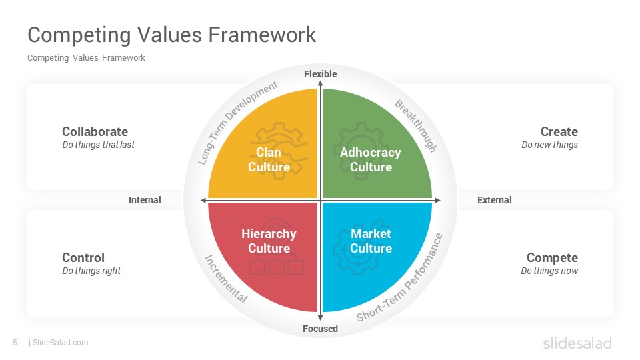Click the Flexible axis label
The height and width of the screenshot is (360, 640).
point(321,74)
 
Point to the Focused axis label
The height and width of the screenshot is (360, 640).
point(321,329)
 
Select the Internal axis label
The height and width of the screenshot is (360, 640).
point(145,200)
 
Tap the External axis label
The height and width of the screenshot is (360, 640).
point(494,200)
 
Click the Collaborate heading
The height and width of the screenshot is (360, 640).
point(95,131)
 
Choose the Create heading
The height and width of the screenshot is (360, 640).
point(559,131)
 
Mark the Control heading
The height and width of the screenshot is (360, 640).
point(83,257)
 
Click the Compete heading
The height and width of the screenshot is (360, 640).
point(552,257)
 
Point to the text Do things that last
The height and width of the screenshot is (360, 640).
point(99,145)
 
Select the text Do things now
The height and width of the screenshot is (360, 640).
point(549,271)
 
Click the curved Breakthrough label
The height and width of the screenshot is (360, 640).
point(416,126)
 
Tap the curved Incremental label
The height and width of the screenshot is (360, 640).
point(226,279)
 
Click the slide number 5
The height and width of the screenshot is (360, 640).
point(15,343)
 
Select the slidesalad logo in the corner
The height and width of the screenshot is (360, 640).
point(577,343)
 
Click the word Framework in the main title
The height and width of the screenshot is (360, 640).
point(262,34)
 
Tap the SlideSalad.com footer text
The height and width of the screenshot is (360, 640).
point(60,343)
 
